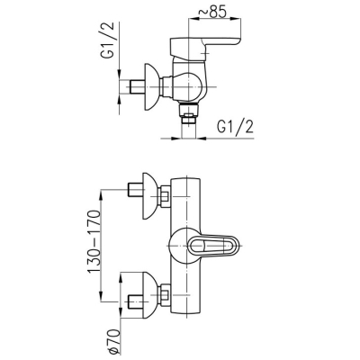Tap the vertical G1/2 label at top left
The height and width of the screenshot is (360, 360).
click(110, 40)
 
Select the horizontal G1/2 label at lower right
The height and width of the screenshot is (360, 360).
click(235, 128)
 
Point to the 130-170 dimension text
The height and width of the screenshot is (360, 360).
click(94, 242)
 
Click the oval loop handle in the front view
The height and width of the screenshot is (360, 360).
click(214, 247)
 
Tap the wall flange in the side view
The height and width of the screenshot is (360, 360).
click(151, 86)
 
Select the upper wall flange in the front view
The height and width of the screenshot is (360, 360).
click(149, 196)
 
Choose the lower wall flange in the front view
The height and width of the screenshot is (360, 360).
click(149, 295)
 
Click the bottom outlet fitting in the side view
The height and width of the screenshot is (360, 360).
click(188, 113)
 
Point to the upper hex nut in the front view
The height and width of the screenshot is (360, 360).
click(165, 196)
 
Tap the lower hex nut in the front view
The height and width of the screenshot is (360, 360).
click(165, 295)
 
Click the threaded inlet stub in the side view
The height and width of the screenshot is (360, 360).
click(138, 87)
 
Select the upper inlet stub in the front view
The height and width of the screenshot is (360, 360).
click(136, 190)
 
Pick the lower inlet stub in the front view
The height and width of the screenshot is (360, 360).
click(136, 301)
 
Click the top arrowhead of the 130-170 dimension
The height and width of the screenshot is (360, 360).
click(102, 195)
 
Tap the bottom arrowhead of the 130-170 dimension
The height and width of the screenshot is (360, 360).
click(102, 296)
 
